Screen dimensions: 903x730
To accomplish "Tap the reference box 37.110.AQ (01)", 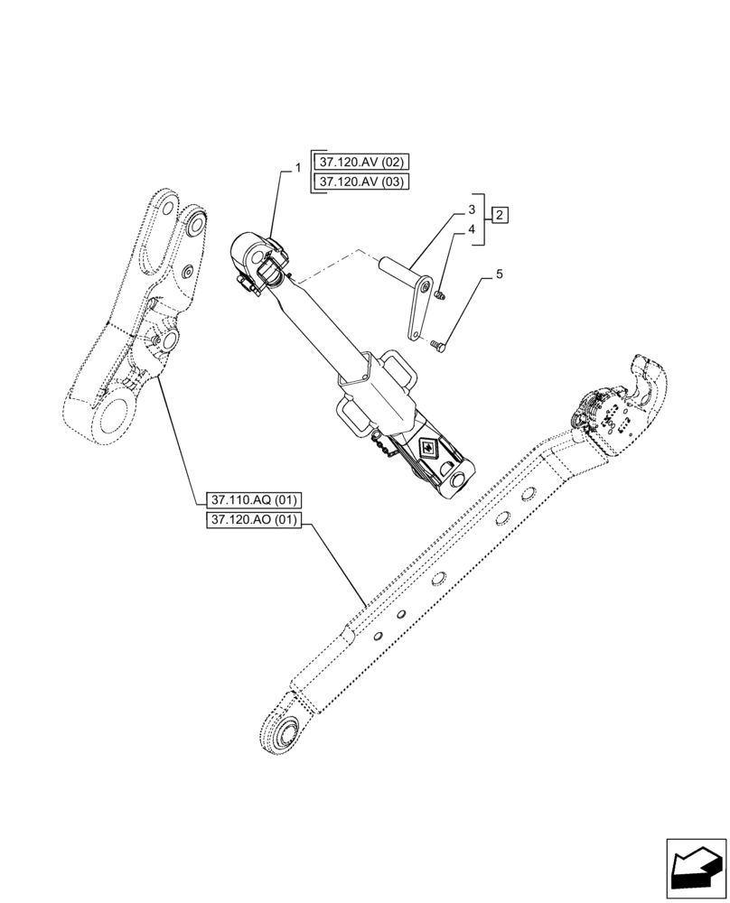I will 257,499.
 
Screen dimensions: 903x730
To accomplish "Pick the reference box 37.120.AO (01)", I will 257,520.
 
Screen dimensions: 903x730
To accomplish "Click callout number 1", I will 296,168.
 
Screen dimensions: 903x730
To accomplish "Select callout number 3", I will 471,210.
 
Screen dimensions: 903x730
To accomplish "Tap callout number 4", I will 471,230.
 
